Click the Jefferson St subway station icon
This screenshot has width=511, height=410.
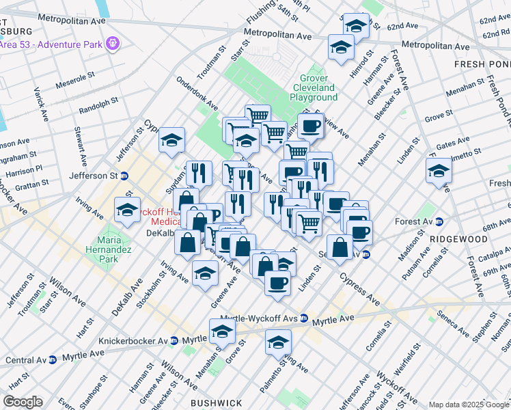(x=124, y=176)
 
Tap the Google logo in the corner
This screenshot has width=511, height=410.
(x=22, y=402)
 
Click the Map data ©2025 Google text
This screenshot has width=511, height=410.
(x=469, y=405)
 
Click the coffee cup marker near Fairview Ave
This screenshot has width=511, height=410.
(x=311, y=126)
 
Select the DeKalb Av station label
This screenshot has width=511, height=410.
(x=161, y=232)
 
